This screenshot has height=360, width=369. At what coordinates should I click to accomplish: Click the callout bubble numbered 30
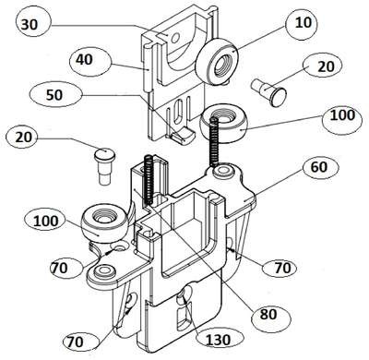(x=30, y=24)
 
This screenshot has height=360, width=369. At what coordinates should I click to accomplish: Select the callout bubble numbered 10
(x=303, y=23)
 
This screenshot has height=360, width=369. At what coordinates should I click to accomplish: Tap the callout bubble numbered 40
(x=89, y=61)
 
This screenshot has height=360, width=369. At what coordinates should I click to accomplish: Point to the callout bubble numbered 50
(x=54, y=94)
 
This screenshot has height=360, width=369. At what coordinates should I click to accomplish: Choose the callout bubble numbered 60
(x=320, y=168)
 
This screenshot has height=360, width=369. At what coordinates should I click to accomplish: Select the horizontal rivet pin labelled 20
(x=269, y=90)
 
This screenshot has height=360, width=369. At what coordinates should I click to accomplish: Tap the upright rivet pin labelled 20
(x=104, y=166)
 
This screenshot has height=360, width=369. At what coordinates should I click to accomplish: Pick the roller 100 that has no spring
(x=104, y=223)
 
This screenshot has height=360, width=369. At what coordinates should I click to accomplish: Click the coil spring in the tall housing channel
(x=149, y=180)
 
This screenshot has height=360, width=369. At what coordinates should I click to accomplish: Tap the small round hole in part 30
(x=175, y=39)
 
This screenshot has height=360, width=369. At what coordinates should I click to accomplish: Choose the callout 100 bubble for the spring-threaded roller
(x=342, y=117)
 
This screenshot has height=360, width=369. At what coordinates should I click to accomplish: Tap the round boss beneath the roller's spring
(x=223, y=171)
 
